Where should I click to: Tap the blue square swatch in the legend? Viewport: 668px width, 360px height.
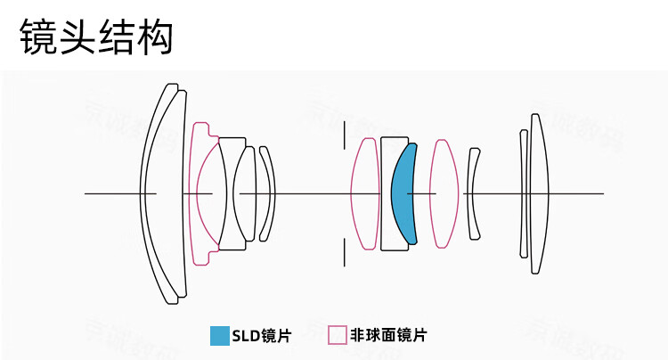pyautogui.click(x=219, y=335)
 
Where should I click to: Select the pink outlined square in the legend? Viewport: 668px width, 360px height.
pyautogui.click(x=337, y=335)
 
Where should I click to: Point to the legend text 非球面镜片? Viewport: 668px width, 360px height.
pyautogui.click(x=388, y=335)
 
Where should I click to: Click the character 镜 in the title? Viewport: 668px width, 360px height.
pyautogui.click(x=38, y=38)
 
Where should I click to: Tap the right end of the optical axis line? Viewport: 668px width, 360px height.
pyautogui.click(x=602, y=193)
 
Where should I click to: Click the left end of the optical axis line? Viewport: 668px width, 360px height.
pyautogui.click(x=86, y=193)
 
